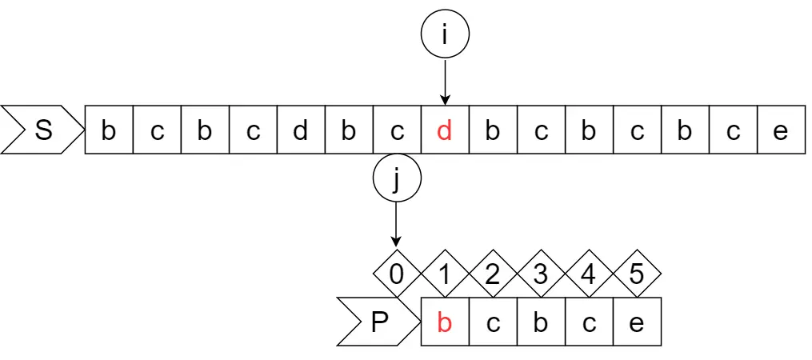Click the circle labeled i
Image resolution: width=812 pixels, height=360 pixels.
point(445,35)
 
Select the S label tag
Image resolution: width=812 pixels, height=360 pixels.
point(42,130)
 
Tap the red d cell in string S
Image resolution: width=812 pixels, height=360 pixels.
point(445,130)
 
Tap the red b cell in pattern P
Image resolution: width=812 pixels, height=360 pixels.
point(445,322)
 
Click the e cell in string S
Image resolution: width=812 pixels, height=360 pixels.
point(781,130)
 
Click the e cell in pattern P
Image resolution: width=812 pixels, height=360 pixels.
point(638,322)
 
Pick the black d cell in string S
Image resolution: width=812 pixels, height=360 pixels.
point(301,130)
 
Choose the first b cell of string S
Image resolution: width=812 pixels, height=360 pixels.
point(109,130)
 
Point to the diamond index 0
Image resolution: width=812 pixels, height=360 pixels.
point(397,274)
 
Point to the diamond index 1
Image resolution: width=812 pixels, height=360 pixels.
point(445,274)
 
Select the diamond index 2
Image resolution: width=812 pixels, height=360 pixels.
point(493,274)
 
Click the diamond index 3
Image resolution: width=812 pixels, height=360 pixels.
point(541,274)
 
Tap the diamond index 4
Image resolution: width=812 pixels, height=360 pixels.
point(589,274)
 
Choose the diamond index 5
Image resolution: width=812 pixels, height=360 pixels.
point(637,274)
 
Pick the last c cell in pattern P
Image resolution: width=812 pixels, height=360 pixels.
point(590,322)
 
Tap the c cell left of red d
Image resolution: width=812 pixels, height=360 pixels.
point(397,130)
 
